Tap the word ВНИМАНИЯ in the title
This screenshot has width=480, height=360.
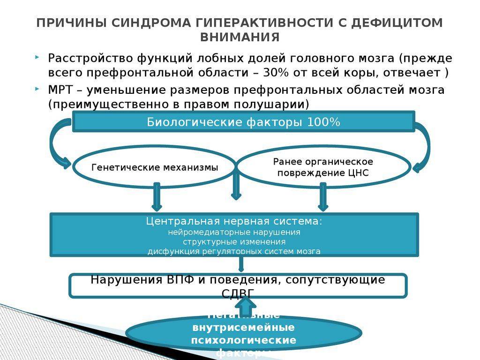[240, 37]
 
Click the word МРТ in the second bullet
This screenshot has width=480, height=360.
[59, 90]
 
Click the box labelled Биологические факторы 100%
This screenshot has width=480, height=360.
[243, 122]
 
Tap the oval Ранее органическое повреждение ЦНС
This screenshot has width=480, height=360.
[323, 167]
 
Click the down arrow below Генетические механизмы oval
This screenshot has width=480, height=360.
[157, 196]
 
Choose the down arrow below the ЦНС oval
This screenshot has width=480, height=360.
[322, 196]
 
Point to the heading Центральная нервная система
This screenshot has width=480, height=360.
[234, 221]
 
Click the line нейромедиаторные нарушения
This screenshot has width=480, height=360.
[234, 232]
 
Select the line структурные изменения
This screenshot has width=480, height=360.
[234, 242]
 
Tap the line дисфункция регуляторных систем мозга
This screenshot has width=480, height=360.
[234, 251]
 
